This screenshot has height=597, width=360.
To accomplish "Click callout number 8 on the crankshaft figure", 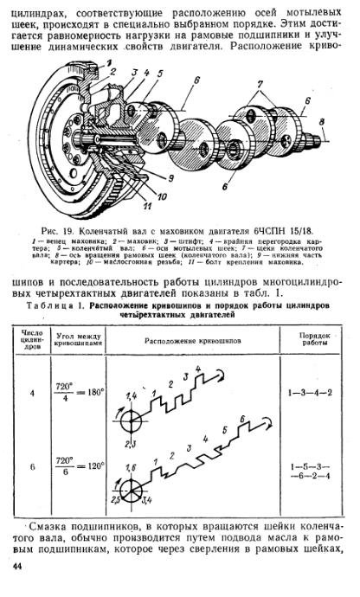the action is (x=322, y=122).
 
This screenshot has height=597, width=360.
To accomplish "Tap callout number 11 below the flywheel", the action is (x=147, y=206).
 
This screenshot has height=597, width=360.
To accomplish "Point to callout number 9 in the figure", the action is (x=170, y=177).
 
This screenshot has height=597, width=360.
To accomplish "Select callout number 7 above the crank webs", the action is (x=260, y=83).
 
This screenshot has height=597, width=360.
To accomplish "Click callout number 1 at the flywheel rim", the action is (x=109, y=62).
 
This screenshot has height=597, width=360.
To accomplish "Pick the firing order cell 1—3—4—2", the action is (x=311, y=393).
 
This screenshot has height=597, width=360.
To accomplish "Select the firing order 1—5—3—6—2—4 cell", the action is (x=310, y=471).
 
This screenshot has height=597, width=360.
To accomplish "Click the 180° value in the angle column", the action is (x=95, y=393).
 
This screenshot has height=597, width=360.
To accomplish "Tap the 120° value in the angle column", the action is (x=95, y=466).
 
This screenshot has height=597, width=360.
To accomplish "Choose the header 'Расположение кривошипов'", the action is (x=193, y=341).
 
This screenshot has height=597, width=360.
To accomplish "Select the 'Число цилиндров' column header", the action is (x=32, y=340).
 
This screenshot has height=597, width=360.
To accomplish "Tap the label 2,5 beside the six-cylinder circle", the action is (x=115, y=501).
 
